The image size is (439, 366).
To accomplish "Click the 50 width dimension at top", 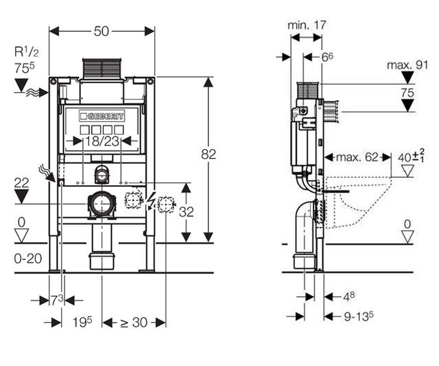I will click(101, 31).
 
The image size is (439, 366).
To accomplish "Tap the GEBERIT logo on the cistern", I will click(102, 116).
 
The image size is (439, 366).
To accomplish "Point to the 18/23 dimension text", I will click(102, 141).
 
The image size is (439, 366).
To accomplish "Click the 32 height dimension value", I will click(186, 212).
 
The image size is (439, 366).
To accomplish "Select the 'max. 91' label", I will click(408, 66).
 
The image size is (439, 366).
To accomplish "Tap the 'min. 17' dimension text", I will click(307, 25).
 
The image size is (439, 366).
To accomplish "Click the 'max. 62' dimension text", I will click(357, 157).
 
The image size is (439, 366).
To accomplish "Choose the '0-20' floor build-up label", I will click(28, 258).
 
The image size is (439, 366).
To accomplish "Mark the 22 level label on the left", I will click(22, 183).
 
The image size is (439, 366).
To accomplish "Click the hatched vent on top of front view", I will click(102, 68).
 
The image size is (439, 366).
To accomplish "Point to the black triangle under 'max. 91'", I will click(407, 77).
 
